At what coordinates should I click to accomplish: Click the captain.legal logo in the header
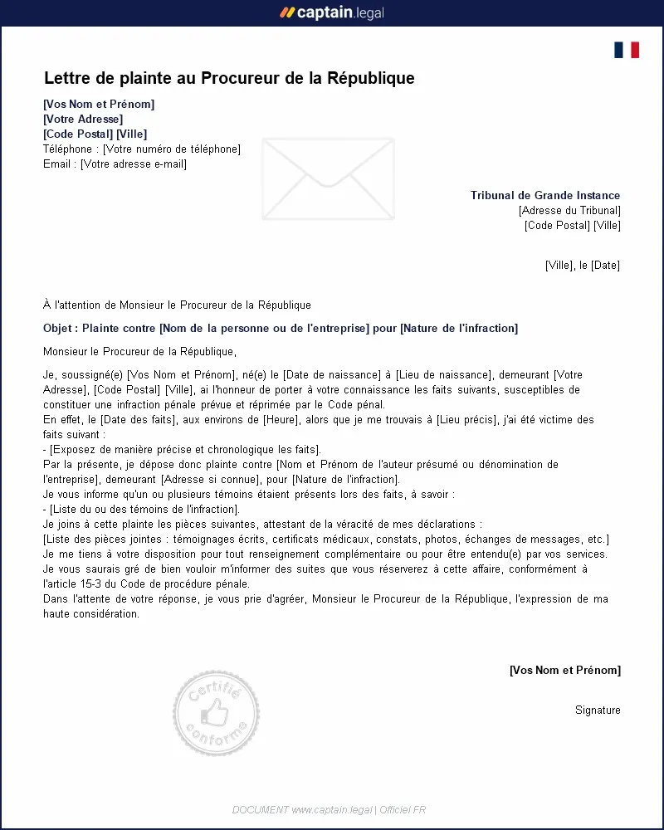pyautogui.click(x=332, y=12)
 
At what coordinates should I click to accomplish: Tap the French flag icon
pyautogui.click(x=627, y=50)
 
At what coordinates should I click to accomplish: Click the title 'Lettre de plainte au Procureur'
pyautogui.click(x=229, y=79)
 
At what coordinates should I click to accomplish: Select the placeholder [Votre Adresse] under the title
pyautogui.click(x=83, y=119)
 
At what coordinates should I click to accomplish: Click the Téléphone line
pyautogui.click(x=141, y=149)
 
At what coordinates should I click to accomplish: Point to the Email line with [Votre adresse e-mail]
pyautogui.click(x=115, y=164)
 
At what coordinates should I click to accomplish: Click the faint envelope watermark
pyautogui.click(x=328, y=178)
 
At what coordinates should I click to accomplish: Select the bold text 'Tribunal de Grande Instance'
pyautogui.click(x=545, y=196)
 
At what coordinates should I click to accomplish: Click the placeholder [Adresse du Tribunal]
pyautogui.click(x=569, y=211)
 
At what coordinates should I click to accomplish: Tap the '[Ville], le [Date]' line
pyautogui.click(x=583, y=266)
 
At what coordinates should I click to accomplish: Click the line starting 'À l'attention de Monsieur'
pyautogui.click(x=177, y=305)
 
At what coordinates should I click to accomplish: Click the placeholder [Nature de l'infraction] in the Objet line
pyautogui.click(x=459, y=329)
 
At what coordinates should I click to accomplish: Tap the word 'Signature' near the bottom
pyautogui.click(x=598, y=710)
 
